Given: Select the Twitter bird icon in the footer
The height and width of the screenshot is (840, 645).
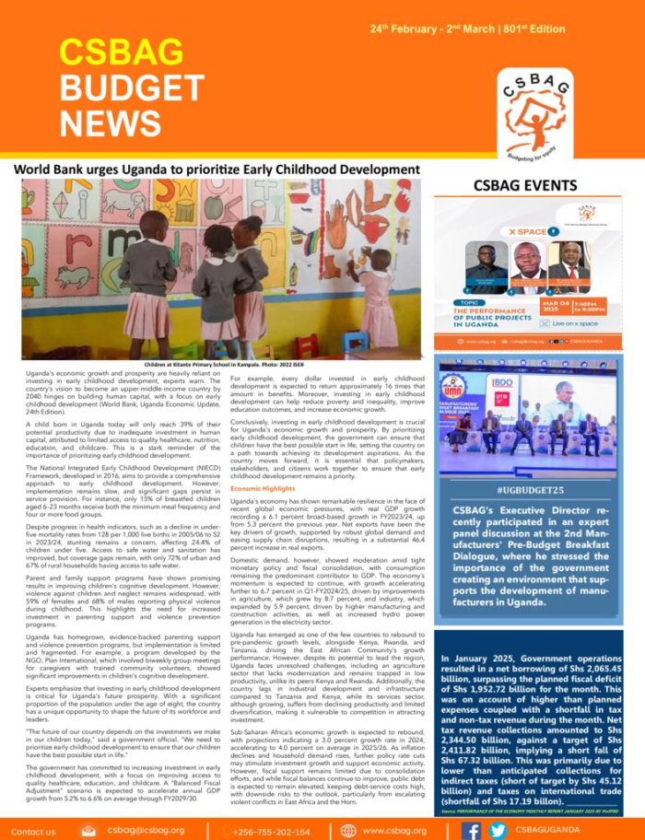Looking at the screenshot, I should click(x=498, y=829).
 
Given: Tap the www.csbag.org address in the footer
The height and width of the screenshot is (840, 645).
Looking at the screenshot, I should click(x=393, y=830).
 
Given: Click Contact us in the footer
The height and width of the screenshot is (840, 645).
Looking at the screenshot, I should click(x=33, y=830).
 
